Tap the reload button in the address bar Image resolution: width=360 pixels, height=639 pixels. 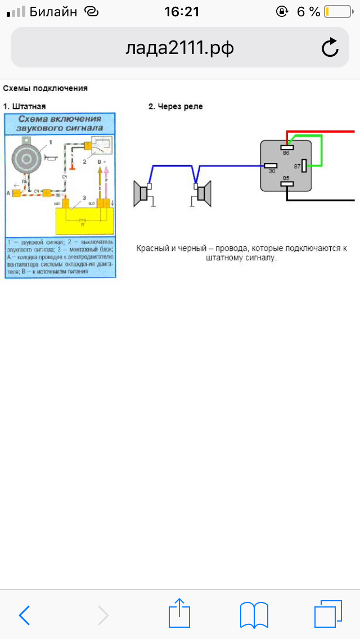click(330, 48)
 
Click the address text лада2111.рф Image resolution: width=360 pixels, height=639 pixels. click(179, 49)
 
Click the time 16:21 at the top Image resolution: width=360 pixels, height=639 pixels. click(182, 12)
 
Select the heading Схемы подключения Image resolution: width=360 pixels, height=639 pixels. click(45, 88)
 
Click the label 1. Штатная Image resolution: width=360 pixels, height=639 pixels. click(24, 106)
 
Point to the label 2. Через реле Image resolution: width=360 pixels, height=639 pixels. click(175, 106)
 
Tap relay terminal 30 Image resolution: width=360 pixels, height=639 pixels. click(271, 166)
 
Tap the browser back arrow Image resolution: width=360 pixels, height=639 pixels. click(25, 615)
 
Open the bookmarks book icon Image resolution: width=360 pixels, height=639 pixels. click(254, 615)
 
